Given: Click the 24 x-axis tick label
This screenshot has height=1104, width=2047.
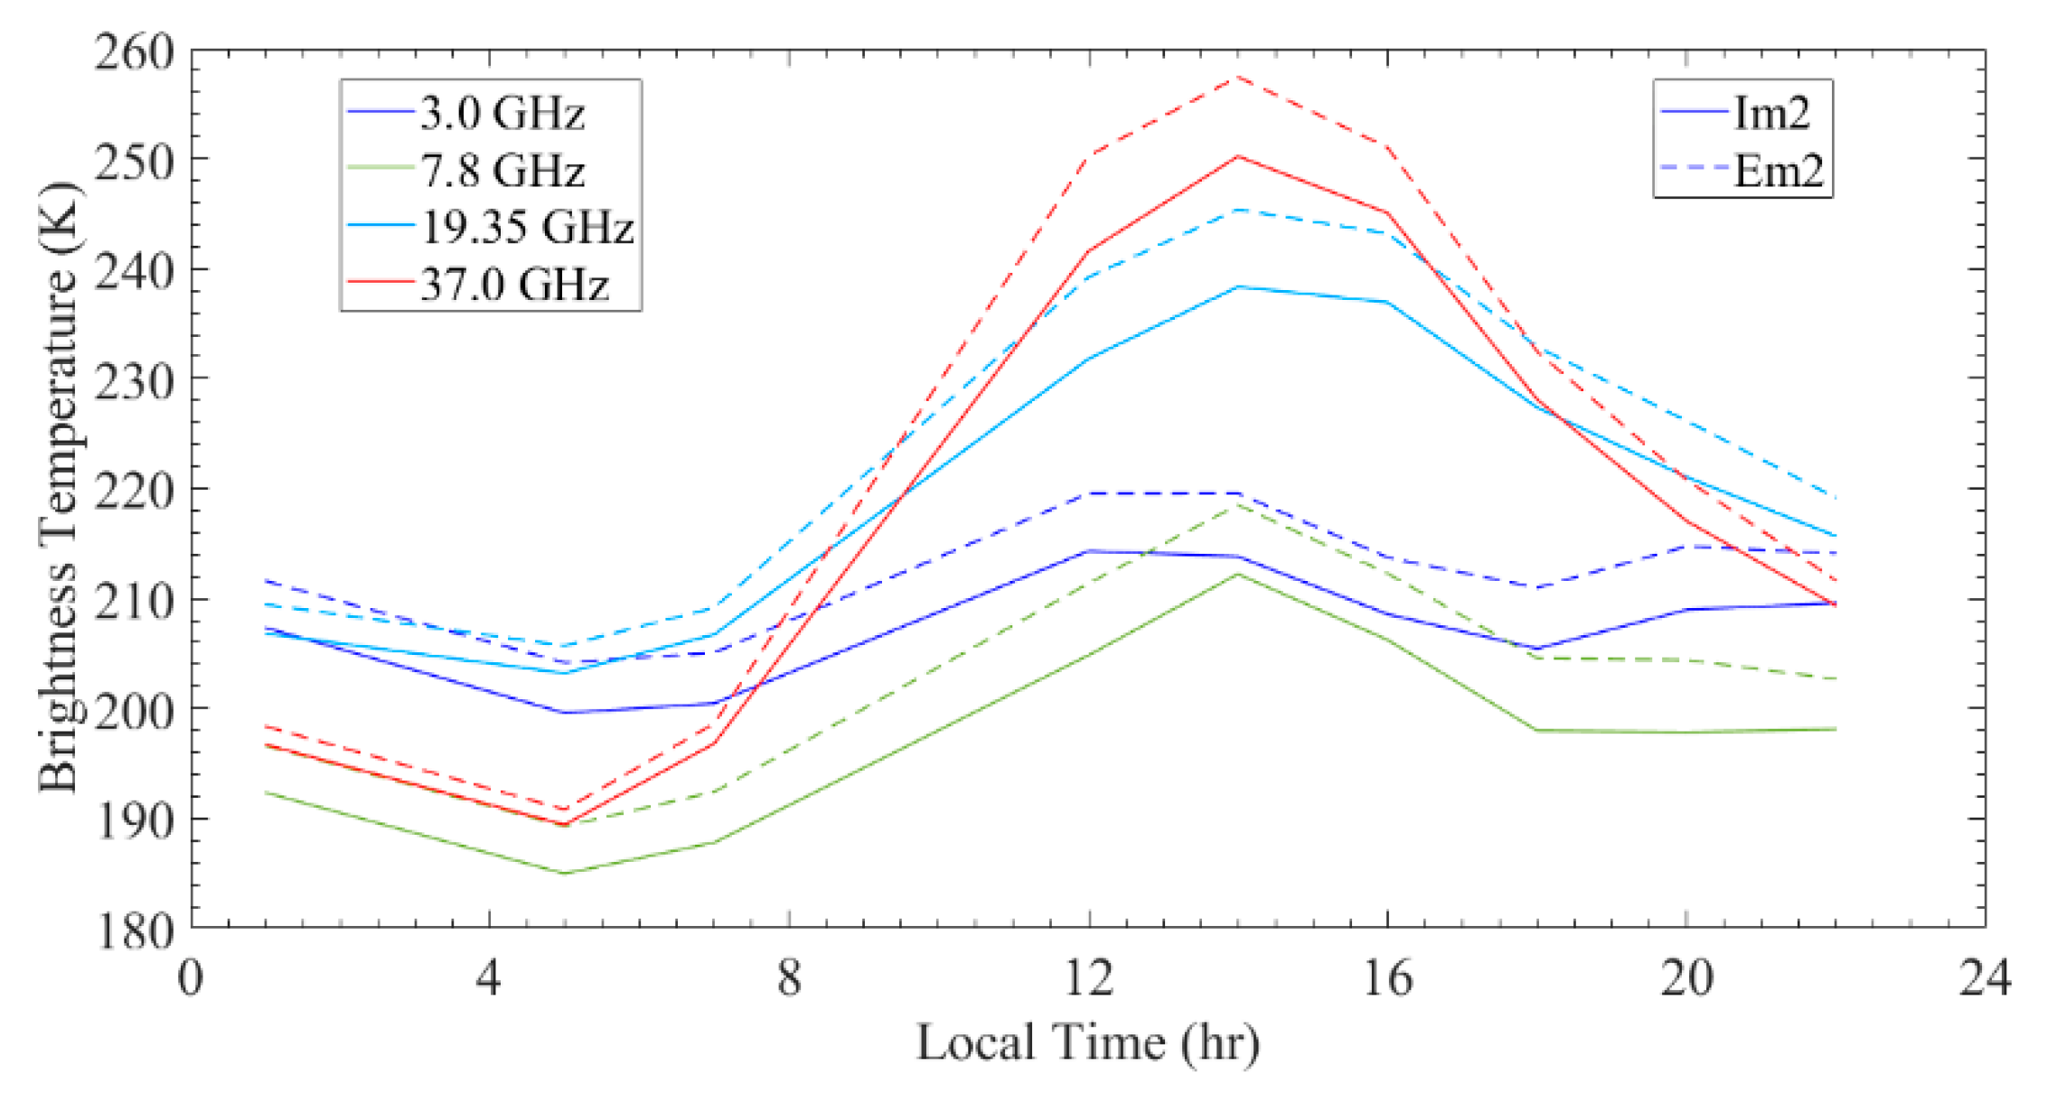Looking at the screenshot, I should pos(1985,978).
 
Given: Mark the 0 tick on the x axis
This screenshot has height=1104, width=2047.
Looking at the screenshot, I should pos(191,978).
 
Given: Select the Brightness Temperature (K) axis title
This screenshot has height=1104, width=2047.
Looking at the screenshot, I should pos(59,488).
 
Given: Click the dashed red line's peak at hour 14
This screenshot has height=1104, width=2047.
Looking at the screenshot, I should pos(1238,78).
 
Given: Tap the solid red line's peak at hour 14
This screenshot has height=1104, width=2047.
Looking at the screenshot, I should pos(1238,156).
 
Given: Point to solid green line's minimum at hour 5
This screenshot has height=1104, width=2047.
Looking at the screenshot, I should pos(564,873).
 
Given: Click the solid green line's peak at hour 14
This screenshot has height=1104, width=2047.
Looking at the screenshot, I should pos(1238,574).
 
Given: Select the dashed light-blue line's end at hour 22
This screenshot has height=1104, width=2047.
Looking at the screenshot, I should pos(1836,497).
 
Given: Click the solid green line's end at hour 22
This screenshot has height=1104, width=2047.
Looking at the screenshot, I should pos(1836,728).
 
